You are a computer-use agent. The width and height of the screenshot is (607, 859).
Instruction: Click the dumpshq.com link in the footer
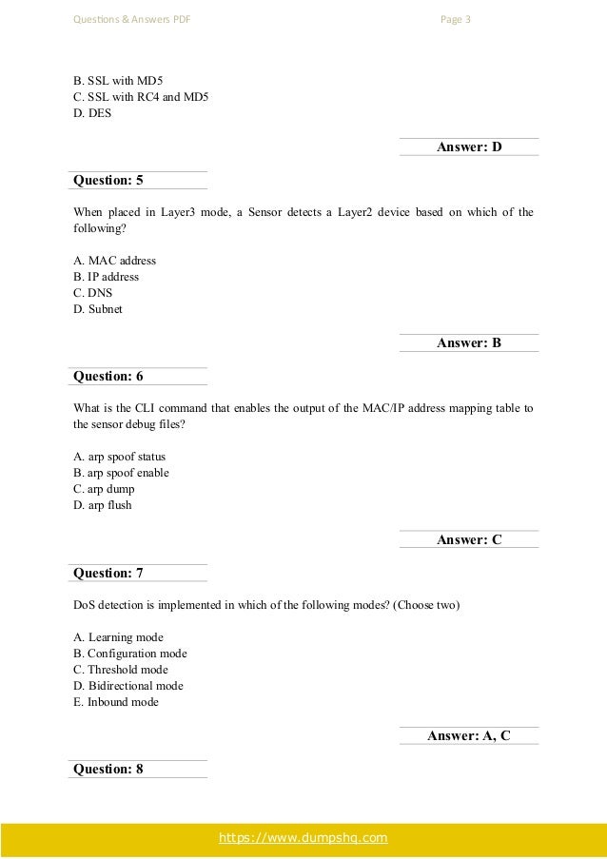pyautogui.click(x=303, y=837)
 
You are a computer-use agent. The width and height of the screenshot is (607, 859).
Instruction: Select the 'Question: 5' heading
pyautogui.click(x=108, y=179)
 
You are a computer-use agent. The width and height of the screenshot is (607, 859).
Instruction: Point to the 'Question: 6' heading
pyautogui.click(x=108, y=376)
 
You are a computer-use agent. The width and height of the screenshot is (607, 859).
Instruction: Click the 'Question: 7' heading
pyautogui.click(x=108, y=573)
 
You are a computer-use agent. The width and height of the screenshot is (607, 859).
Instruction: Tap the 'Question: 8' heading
pyautogui.click(x=108, y=770)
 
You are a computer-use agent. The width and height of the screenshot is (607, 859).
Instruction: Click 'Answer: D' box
pyautogui.click(x=468, y=146)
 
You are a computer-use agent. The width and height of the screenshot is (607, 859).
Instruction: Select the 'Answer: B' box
pyautogui.click(x=468, y=343)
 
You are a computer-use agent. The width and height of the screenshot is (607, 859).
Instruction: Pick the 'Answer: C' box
pyautogui.click(x=468, y=540)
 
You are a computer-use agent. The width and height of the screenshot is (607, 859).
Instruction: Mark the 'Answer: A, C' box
pyautogui.click(x=468, y=735)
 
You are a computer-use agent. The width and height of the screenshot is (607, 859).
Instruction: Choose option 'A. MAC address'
pyautogui.click(x=114, y=260)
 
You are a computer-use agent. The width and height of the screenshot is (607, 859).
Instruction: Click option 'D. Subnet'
pyautogui.click(x=97, y=309)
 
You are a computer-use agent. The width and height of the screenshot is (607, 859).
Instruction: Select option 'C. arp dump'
pyautogui.click(x=104, y=489)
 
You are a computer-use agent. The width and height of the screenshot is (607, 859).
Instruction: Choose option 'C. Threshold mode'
pyautogui.click(x=120, y=670)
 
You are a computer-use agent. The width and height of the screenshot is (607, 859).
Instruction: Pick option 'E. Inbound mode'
pyautogui.click(x=116, y=702)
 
